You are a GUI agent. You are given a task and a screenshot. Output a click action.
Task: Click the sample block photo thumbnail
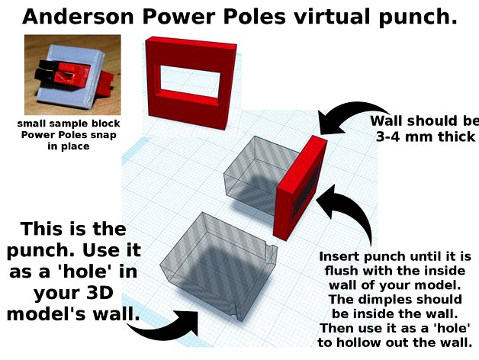pos(72,75)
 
